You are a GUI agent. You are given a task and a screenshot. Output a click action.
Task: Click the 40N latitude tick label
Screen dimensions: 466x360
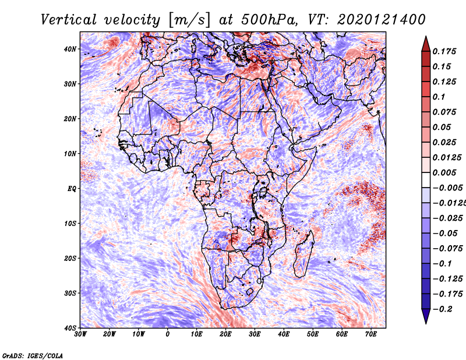[70, 49]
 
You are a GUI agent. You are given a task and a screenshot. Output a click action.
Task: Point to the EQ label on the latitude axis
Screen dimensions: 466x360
[72, 189]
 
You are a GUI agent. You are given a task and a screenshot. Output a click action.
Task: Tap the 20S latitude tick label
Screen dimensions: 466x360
[70, 258]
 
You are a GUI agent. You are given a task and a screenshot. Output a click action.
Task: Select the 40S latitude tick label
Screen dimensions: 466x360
[70, 328]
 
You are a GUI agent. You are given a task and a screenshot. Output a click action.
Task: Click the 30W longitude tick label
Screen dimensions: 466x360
[80, 334]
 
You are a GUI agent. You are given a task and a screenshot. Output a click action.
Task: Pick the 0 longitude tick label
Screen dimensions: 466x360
[168, 334]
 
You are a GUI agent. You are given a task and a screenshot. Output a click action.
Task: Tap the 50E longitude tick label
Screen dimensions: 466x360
[313, 334]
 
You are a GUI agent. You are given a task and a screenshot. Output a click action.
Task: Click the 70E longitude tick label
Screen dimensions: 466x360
[371, 334]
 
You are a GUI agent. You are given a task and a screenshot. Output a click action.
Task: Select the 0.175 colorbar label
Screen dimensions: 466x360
[444, 52]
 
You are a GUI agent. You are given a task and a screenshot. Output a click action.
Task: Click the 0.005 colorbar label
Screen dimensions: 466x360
[444, 172]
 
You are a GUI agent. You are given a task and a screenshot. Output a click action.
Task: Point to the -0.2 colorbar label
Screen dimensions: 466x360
[442, 309]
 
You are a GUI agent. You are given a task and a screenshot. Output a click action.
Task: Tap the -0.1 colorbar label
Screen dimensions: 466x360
[442, 264]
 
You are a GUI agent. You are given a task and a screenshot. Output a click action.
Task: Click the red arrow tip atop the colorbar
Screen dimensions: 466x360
[426, 37]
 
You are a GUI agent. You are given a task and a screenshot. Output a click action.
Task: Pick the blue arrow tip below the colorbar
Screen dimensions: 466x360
[426, 323]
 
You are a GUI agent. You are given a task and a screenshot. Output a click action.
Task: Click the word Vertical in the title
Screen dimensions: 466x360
[69, 20]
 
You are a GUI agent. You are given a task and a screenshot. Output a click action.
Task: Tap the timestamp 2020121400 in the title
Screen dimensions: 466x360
[382, 20]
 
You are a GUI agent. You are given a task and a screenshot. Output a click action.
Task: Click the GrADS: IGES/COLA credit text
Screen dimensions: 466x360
[33, 356]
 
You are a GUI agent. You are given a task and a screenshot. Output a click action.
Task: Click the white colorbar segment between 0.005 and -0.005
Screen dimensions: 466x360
[426, 180]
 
